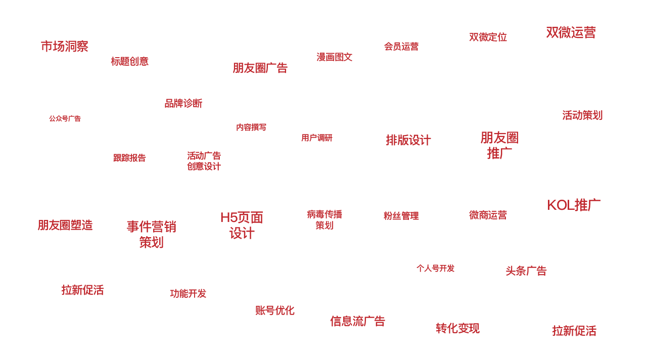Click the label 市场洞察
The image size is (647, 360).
coord(65,47)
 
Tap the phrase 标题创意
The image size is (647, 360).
coord(130,62)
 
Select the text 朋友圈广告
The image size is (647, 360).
coord(260,68)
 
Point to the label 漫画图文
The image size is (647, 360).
coord(335,57)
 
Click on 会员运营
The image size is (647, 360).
coord(401,47)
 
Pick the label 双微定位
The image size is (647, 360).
coord(488,37)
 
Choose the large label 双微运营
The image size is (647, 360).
coord(571,32)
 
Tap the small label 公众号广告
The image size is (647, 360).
coord(65,119)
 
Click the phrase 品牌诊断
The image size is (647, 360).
coord(183,104)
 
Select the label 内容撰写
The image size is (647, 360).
coord(251,127)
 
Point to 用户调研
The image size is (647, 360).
coord(317,138)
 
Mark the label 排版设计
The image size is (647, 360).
coord(408,140)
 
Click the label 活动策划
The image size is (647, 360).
coord(582,115)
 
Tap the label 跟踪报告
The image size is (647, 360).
coord(129,158)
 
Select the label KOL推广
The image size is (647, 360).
coord(574,205)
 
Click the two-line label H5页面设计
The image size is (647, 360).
coord(242,226)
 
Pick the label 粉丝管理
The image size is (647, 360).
coord(401,216)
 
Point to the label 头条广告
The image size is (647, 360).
coord(526,271)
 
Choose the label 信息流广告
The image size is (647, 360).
coord(358,321)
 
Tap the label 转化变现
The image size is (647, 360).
coord(457,329)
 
